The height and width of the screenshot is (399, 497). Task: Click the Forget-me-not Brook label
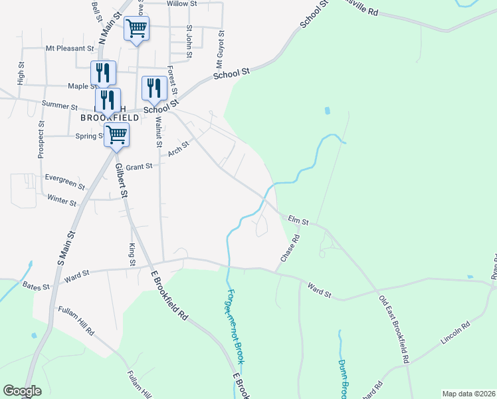coord(235,327)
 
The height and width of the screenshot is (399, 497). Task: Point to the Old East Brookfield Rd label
coord(394,329)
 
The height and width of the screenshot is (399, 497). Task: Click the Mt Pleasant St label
coord(70,49)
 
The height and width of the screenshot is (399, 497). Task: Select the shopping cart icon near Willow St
coord(136,29)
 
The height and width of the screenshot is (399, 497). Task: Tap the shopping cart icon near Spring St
coord(116,134)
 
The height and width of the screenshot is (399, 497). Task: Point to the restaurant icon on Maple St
coord(103,72)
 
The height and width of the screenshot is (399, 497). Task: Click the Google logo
coord(22,391)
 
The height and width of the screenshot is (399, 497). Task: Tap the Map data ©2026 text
coord(468,394)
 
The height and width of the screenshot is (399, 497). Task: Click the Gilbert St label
coord(122,180)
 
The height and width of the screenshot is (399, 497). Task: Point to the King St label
coord(132,255)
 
